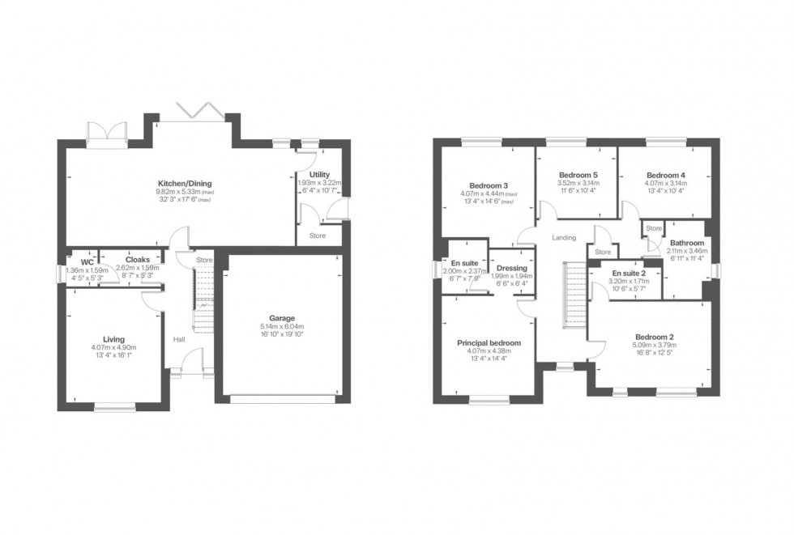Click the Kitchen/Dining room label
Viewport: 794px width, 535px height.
tap(185, 183)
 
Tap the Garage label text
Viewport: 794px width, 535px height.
tap(281, 318)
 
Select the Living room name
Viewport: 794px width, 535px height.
tap(113, 339)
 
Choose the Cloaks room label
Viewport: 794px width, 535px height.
tap(135, 260)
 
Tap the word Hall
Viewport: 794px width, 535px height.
tap(179, 339)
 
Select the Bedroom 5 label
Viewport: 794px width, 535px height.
tap(578, 175)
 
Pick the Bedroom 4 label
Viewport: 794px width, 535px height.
tap(666, 175)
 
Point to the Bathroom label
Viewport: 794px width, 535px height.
tap(686, 243)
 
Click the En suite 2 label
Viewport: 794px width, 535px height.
tap(629, 274)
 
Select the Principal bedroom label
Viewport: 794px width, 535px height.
tap(489, 342)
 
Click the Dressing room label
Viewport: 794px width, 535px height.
tap(513, 268)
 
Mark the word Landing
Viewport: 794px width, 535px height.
tap(564, 237)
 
